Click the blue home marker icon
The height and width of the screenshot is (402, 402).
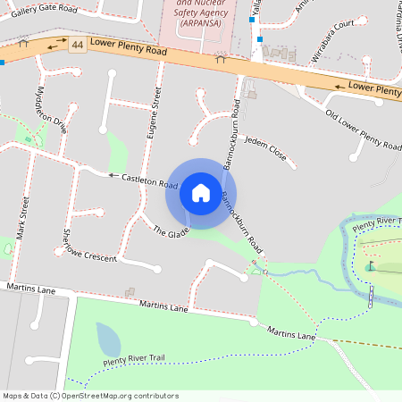200,192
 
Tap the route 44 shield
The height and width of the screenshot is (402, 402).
80,45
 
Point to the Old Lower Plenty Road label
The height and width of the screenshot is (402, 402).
363,130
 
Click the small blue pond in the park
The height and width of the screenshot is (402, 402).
108,340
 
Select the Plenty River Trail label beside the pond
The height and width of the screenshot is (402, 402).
134,360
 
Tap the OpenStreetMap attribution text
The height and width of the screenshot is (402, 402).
90,395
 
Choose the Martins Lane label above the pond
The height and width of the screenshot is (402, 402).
164,307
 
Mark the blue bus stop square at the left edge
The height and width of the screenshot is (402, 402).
2,63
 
